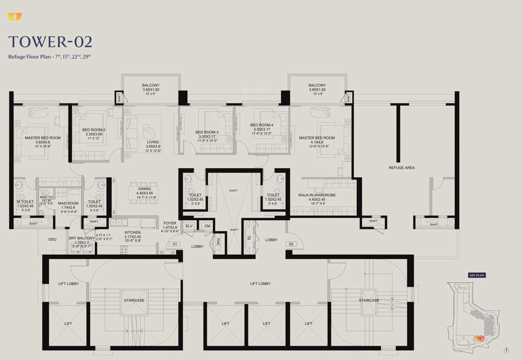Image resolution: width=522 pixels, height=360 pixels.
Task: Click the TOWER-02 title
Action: tap(50, 42)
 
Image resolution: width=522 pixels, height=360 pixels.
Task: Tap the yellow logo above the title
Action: tap(15, 17)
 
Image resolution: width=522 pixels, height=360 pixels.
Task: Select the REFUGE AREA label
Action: tap(401, 167)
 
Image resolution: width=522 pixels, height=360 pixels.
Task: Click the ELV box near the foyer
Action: tap(189, 226)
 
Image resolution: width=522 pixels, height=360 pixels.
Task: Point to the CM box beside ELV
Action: tap(207, 226)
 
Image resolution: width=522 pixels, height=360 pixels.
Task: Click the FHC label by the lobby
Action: tap(218, 243)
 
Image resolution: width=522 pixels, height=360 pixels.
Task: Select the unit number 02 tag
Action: tap(291, 244)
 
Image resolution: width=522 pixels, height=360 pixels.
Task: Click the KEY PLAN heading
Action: tap(477, 275)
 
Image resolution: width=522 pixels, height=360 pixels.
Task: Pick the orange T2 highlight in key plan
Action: tap(479, 338)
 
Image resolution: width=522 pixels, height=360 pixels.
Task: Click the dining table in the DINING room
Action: tap(144, 193)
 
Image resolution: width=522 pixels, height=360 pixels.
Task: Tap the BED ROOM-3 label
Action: tap(207, 132)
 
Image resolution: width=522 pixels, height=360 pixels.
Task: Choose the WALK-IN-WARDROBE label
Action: tap(317, 195)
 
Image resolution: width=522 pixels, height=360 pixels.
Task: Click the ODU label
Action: tap(52, 239)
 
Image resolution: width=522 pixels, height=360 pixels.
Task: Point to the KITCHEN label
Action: tap(132, 232)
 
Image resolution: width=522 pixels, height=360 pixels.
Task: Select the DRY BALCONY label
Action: tap(82, 238)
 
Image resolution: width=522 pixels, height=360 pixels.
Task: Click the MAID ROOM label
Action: tap(68, 203)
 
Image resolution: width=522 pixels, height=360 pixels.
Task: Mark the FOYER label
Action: tap(169, 223)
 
